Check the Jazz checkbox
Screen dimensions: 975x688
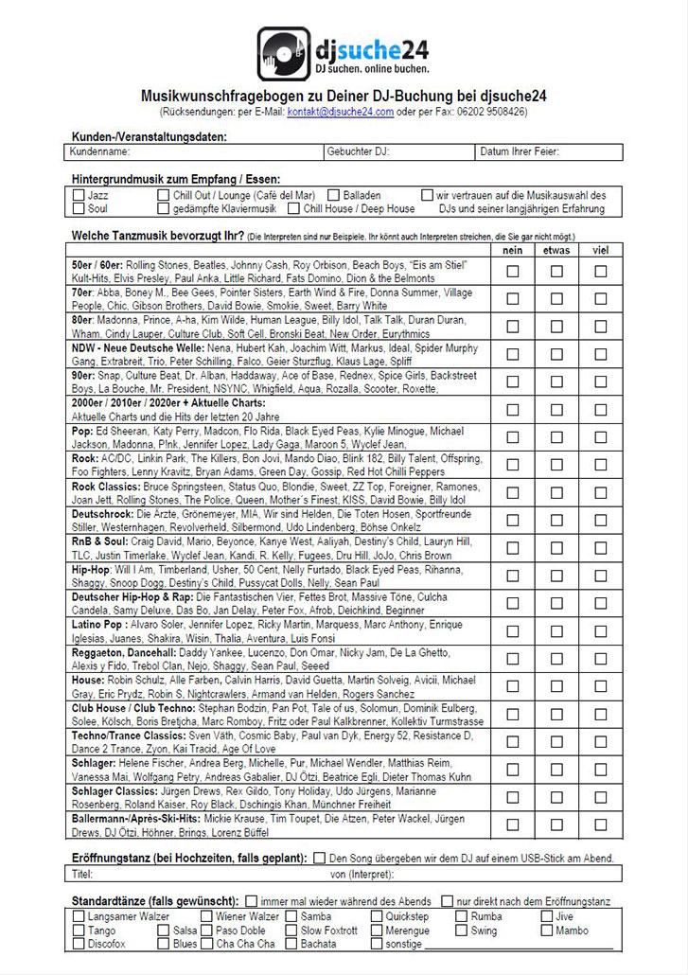(x=79, y=195)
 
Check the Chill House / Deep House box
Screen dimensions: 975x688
(x=294, y=208)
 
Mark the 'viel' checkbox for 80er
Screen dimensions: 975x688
(x=601, y=327)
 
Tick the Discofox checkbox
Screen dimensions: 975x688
(x=79, y=944)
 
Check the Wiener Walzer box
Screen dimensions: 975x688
(x=206, y=916)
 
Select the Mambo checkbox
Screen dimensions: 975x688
(x=547, y=931)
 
